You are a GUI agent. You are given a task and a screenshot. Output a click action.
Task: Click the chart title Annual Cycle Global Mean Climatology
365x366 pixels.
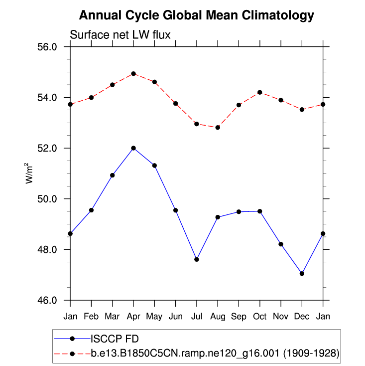coord(197,15)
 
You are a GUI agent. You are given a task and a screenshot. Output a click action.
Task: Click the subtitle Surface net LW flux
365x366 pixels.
coord(121,35)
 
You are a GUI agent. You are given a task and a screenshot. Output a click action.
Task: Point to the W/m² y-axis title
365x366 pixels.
coord(30,173)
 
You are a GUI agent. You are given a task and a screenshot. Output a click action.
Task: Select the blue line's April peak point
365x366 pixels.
coord(133,148)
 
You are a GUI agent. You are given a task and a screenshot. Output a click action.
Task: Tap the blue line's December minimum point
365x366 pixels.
coord(302,273)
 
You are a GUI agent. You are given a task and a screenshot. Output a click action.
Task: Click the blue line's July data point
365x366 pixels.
coord(197,259)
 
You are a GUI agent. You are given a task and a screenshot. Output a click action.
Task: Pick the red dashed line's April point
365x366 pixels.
coord(133,74)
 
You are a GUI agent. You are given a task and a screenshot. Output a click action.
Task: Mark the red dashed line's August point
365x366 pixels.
coord(218,128)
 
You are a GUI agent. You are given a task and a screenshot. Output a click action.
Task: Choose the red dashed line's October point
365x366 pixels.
coord(260,92)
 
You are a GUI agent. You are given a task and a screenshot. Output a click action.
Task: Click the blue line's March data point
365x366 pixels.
coord(113,175)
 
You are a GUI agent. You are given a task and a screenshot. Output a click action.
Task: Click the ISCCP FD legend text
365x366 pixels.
coord(111,339)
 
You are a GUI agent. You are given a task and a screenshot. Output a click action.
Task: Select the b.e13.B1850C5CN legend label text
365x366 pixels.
coord(215,354)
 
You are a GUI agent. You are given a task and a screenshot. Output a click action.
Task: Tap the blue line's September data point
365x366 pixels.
coord(239,212)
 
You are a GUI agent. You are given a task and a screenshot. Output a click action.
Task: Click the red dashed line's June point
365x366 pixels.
coord(176,103)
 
